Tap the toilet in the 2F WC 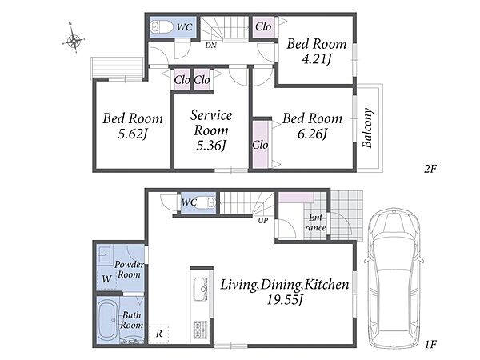pyautogui.click(x=162, y=26)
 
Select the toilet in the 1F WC pyautogui.click(x=210, y=202)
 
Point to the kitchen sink pyautogui.click(x=200, y=288)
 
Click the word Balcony pyautogui.click(x=368, y=128)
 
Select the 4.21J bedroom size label pyautogui.click(x=317, y=58)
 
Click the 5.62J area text pyautogui.click(x=133, y=134)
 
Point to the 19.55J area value pyautogui.click(x=285, y=300)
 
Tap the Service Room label pyautogui.click(x=211, y=122)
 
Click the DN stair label pyautogui.click(x=210, y=46)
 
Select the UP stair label pyautogui.click(x=262, y=220)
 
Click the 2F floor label pyautogui.click(x=430, y=168)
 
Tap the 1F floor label pyautogui.click(x=430, y=345)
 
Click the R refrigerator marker pyautogui.click(x=158, y=334)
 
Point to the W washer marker pyautogui.click(x=106, y=279)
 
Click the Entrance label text pyautogui.click(x=315, y=222)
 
